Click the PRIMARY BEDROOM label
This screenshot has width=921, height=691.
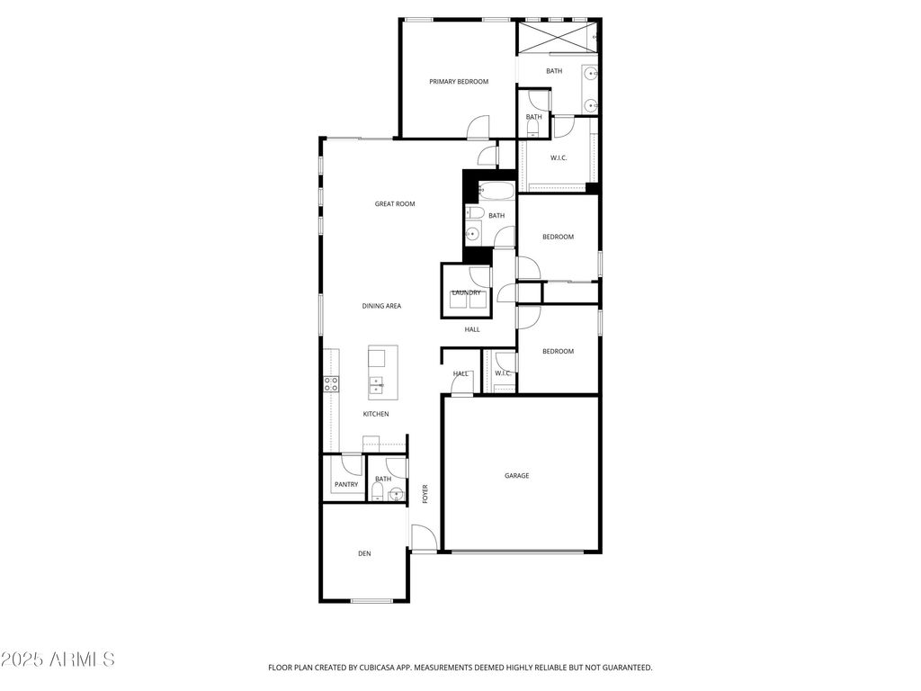pyautogui.click(x=459, y=82)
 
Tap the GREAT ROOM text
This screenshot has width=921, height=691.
pyautogui.click(x=395, y=204)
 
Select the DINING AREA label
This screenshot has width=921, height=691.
pyautogui.click(x=381, y=306)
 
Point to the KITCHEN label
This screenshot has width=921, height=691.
pyautogui.click(x=376, y=414)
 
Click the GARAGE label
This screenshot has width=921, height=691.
pyautogui.click(x=516, y=476)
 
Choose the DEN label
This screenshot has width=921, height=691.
pyautogui.click(x=364, y=553)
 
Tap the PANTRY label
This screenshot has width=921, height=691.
pyautogui.click(x=346, y=485)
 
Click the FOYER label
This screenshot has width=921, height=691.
pyautogui.click(x=425, y=493)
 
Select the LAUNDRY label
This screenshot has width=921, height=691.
pyautogui.click(x=466, y=292)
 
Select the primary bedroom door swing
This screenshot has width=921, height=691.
pyautogui.click(x=478, y=128)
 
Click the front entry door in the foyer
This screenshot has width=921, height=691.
pyautogui.click(x=424, y=538)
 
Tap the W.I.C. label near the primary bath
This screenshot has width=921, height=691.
pyautogui.click(x=558, y=157)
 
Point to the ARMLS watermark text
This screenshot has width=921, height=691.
pyautogui.click(x=58, y=660)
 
